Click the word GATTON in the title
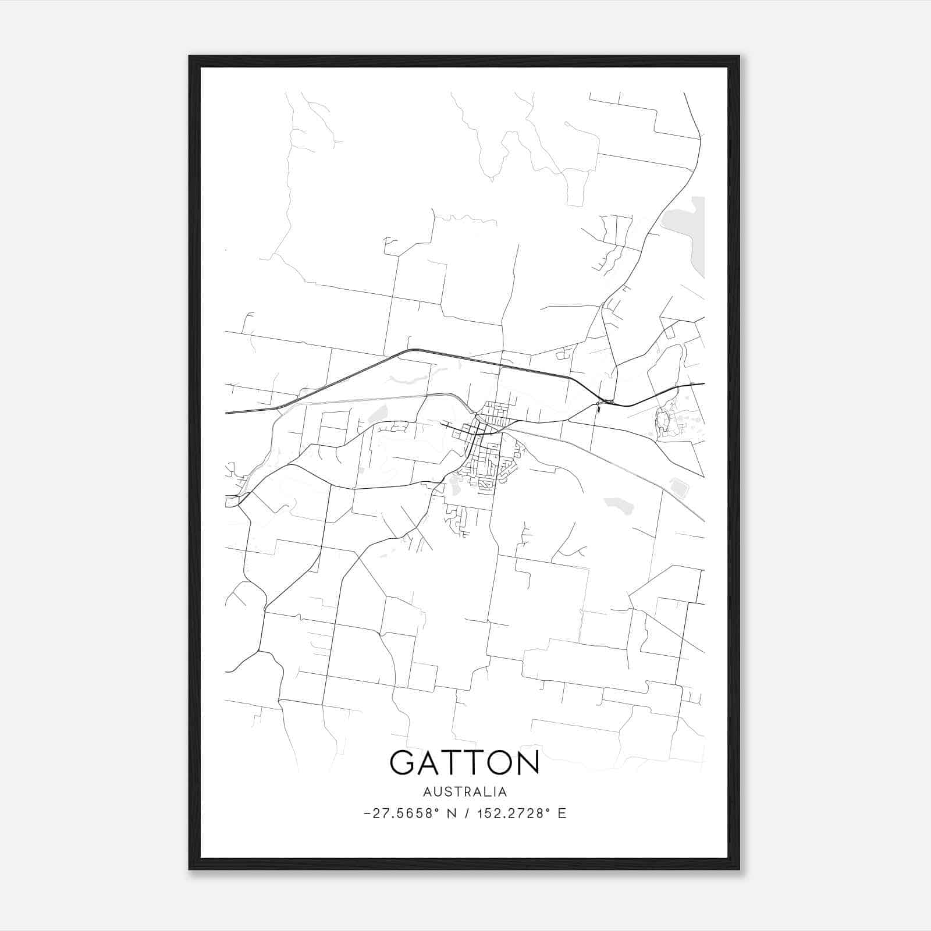coord(464,762)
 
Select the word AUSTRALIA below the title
coord(464,792)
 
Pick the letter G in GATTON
coord(403,762)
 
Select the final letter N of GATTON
coord(527,762)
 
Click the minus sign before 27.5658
coord(367,814)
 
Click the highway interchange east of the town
coord(605,401)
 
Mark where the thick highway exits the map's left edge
coord(226,413)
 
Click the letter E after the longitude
coord(562,813)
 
